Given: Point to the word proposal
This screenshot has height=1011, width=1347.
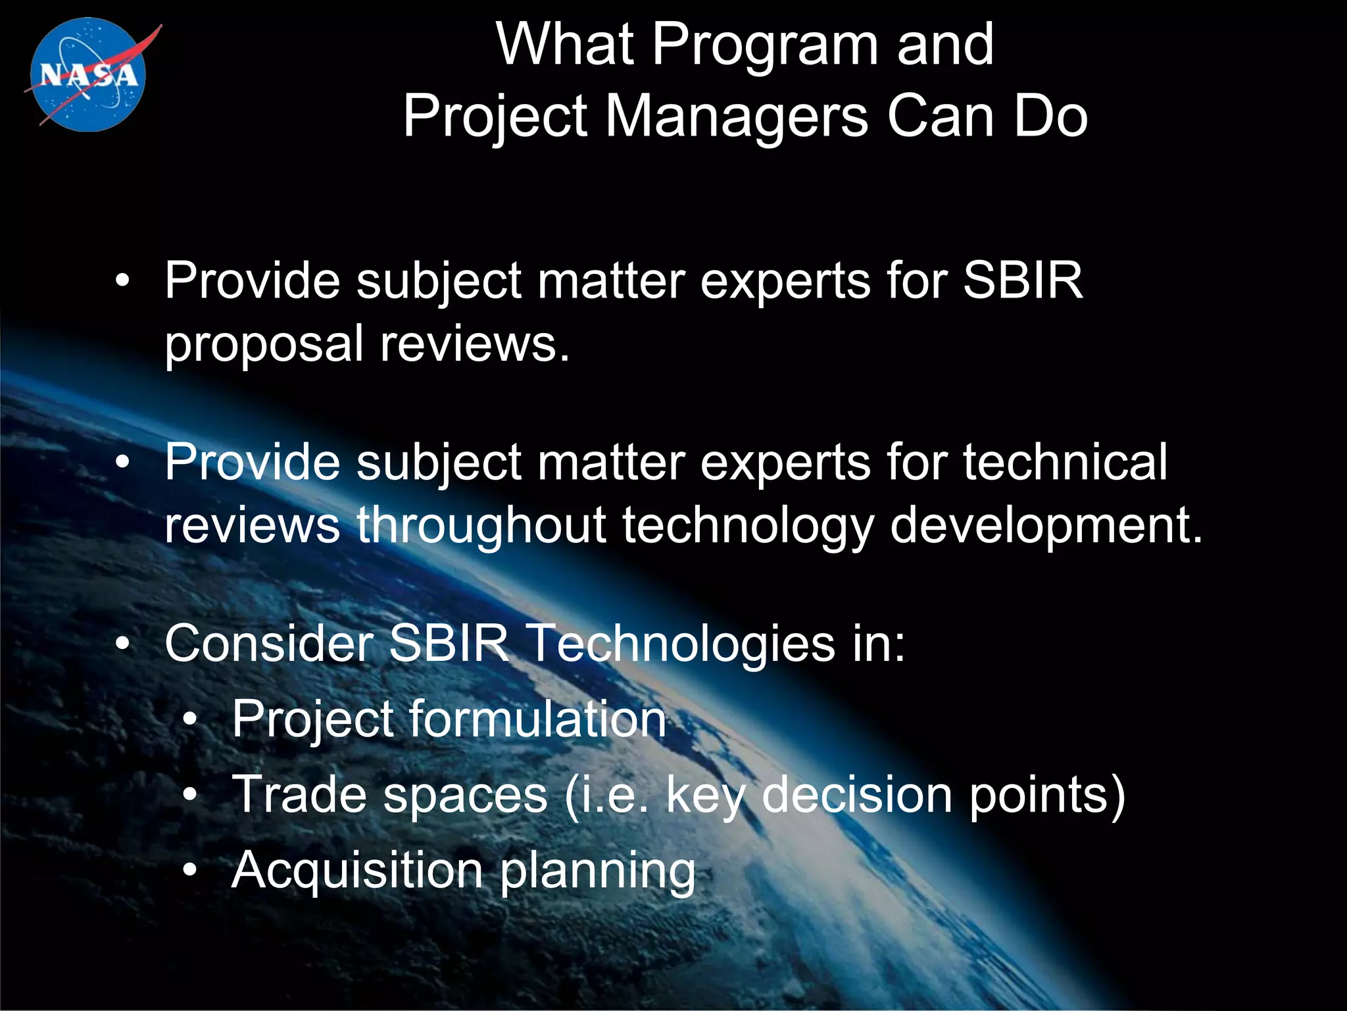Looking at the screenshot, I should pos(264,345).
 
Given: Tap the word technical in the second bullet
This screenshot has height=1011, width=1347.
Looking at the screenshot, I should pos(1065,462).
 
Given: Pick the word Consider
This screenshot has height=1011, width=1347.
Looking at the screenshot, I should pos(269,643).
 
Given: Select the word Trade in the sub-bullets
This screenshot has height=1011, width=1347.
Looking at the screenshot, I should pos(299,794).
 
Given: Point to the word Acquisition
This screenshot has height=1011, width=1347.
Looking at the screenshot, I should pos(358,871).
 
